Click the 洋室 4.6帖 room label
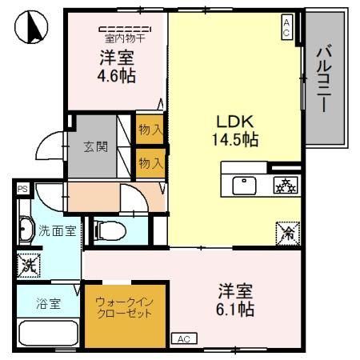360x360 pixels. [x=117, y=66]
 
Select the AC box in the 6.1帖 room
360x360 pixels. [x=183, y=338]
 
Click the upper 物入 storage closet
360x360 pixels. [x=150, y=128]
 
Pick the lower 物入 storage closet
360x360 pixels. [x=150, y=162]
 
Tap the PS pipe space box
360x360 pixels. [x=22, y=190]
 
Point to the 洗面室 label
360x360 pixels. [x=58, y=231]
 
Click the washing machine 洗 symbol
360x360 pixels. [x=30, y=265]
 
